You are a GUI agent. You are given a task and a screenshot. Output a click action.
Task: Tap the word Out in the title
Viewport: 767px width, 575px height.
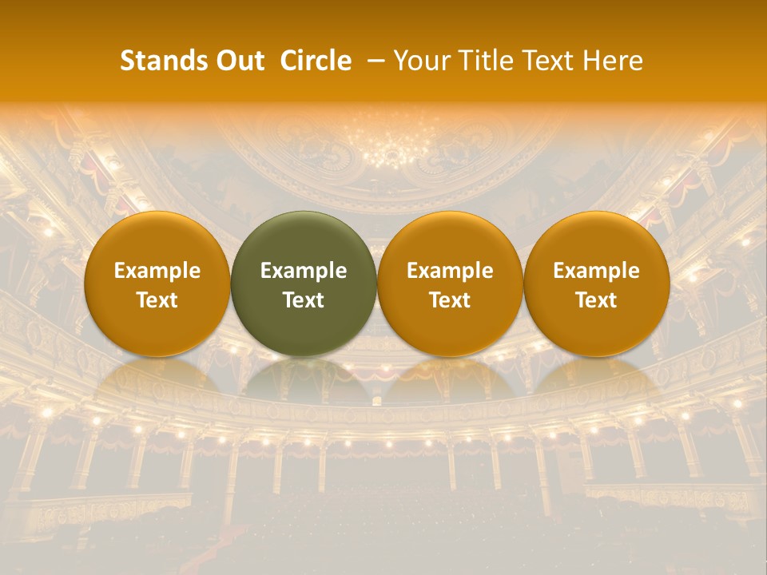(237, 61)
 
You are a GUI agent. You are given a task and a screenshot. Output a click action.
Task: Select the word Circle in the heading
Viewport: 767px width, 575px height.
(316, 61)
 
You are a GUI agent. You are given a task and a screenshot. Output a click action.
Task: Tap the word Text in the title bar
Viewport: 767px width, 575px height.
(546, 61)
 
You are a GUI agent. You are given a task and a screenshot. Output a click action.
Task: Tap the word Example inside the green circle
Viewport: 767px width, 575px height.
(304, 271)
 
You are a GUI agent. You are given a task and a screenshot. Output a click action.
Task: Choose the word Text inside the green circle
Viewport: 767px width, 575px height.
(304, 300)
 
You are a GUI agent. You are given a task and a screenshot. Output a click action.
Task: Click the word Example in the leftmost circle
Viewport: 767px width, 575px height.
(157, 271)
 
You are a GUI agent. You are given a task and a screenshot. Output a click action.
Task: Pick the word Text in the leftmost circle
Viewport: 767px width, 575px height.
(157, 300)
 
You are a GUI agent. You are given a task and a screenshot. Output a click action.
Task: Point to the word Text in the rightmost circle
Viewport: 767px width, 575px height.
(597, 300)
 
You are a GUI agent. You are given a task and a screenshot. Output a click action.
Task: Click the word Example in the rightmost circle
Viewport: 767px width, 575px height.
(597, 271)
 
